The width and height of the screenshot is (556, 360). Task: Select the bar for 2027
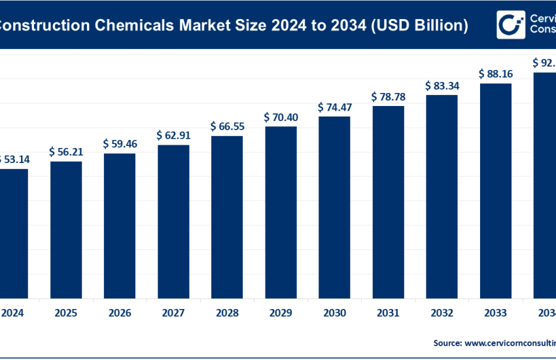click(x=173, y=221)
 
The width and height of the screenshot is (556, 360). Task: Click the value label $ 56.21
click(x=66, y=152)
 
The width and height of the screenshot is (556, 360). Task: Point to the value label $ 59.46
click(x=120, y=143)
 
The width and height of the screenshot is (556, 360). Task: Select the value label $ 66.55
click(x=227, y=126)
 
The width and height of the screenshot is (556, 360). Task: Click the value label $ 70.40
click(x=281, y=117)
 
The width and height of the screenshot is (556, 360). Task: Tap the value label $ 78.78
click(x=388, y=97)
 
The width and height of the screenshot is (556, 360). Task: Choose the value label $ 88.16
click(x=495, y=74)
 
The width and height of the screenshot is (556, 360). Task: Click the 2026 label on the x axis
click(x=120, y=313)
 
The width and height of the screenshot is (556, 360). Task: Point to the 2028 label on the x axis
click(x=227, y=313)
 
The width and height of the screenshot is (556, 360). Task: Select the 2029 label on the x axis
click(x=281, y=313)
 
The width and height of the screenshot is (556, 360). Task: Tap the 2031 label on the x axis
click(x=388, y=313)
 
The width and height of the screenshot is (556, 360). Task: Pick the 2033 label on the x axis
click(x=495, y=313)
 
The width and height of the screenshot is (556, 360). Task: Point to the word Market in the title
click(x=200, y=26)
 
